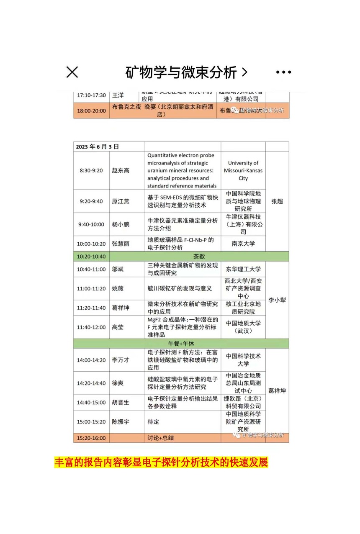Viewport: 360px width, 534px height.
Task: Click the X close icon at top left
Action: pyautogui.click(x=72, y=72)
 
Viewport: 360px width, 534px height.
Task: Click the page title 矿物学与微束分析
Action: pyautogui.click(x=181, y=72)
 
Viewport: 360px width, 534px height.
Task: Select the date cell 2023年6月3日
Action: pyautogui.click(x=98, y=146)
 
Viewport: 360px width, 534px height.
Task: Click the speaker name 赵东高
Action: pyautogui.click(x=121, y=171)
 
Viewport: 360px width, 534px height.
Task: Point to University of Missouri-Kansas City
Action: pyautogui.click(x=243, y=170)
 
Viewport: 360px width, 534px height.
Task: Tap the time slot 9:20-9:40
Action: pyautogui.click(x=91, y=201)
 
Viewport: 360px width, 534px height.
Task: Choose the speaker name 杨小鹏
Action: pyautogui.click(x=121, y=224)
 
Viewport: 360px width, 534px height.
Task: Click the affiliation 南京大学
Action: pyautogui.click(x=243, y=244)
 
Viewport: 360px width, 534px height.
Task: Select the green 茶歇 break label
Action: pyautogui.click(x=199, y=256)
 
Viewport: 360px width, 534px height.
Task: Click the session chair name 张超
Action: pyautogui.click(x=277, y=201)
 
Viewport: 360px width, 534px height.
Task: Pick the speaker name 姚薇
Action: pyautogui.click(x=118, y=288)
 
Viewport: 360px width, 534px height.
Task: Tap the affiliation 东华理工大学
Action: pyautogui.click(x=243, y=269)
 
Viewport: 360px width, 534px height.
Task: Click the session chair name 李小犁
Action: pyautogui.click(x=277, y=300)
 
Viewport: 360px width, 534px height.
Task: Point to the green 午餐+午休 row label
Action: pyautogui.click(x=181, y=343)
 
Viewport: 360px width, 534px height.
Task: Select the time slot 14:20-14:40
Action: pyautogui.click(x=91, y=383)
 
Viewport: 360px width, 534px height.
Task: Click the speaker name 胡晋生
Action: pyautogui.click(x=121, y=402)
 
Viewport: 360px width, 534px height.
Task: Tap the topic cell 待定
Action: pyautogui.click(x=153, y=421)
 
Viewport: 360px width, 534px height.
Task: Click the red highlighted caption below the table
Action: pyautogui.click(x=161, y=462)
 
